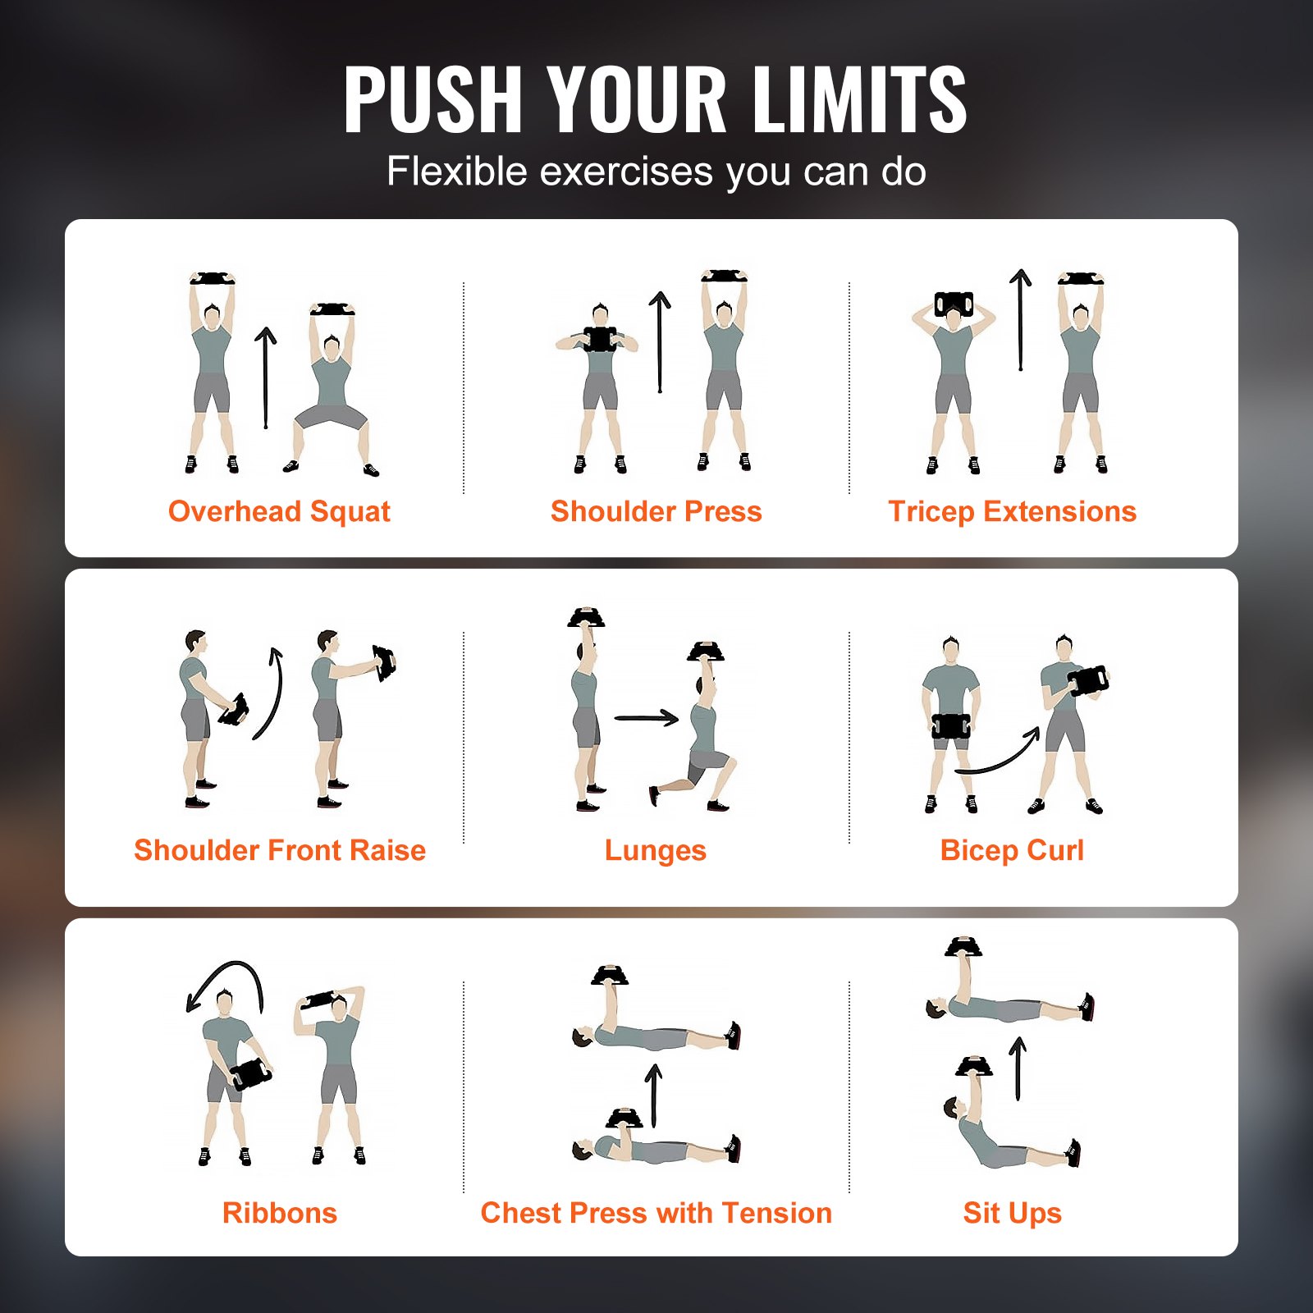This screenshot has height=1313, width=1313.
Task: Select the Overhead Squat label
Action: click(279, 511)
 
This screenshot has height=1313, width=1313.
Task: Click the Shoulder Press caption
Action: click(656, 511)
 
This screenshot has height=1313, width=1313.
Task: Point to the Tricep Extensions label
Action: click(1012, 511)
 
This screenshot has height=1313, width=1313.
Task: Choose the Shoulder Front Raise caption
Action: click(279, 850)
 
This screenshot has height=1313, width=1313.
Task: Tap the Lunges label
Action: click(655, 851)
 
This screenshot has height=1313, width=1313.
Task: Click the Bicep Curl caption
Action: click(1012, 850)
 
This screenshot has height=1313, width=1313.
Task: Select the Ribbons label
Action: click(279, 1213)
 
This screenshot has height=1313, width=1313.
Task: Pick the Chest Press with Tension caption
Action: click(656, 1213)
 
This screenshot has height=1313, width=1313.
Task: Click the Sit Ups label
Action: click(1012, 1213)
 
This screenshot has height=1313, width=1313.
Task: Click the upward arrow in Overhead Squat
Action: click(265, 377)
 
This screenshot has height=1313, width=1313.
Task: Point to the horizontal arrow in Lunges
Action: click(647, 719)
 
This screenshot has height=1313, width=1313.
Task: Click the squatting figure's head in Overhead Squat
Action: click(332, 347)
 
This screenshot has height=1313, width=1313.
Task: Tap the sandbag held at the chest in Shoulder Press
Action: click(599, 339)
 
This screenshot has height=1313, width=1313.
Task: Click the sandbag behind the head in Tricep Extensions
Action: click(954, 304)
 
